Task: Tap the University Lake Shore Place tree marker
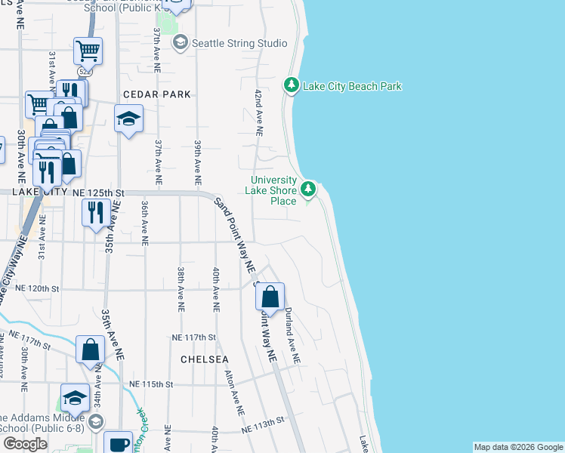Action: (x=307, y=189)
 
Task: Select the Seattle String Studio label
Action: (x=239, y=43)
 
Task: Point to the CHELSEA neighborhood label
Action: (x=205, y=359)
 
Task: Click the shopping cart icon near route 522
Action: (x=88, y=51)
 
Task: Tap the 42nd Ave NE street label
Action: (x=258, y=112)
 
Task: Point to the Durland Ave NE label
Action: (x=292, y=336)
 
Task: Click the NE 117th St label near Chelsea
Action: (x=194, y=337)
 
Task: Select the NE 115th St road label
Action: (x=152, y=384)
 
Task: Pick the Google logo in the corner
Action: (x=25, y=444)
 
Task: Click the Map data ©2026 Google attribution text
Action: (x=517, y=447)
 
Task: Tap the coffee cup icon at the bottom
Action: (x=119, y=444)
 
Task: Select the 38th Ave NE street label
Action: (x=181, y=289)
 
